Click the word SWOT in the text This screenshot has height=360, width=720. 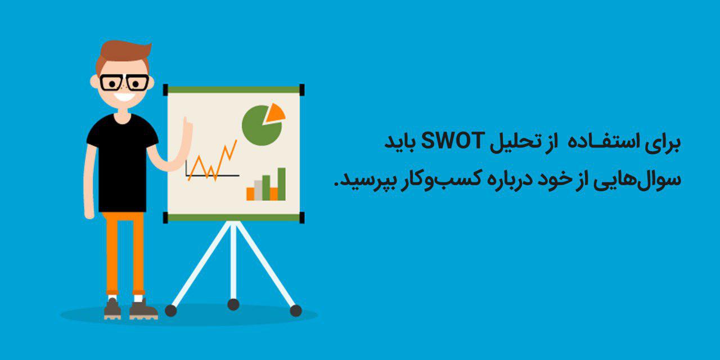tap(451, 141)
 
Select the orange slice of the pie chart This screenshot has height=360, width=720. tap(275, 113)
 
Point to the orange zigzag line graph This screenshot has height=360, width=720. tap(213, 160)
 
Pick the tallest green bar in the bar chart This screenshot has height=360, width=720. tap(282, 184)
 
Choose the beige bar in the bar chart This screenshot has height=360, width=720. tap(258, 190)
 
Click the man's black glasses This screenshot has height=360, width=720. tap(124, 83)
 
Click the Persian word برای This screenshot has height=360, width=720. tap(664, 143)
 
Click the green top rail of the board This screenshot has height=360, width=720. tap(233, 89)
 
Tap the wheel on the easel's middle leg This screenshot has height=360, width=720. tap(233, 304)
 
